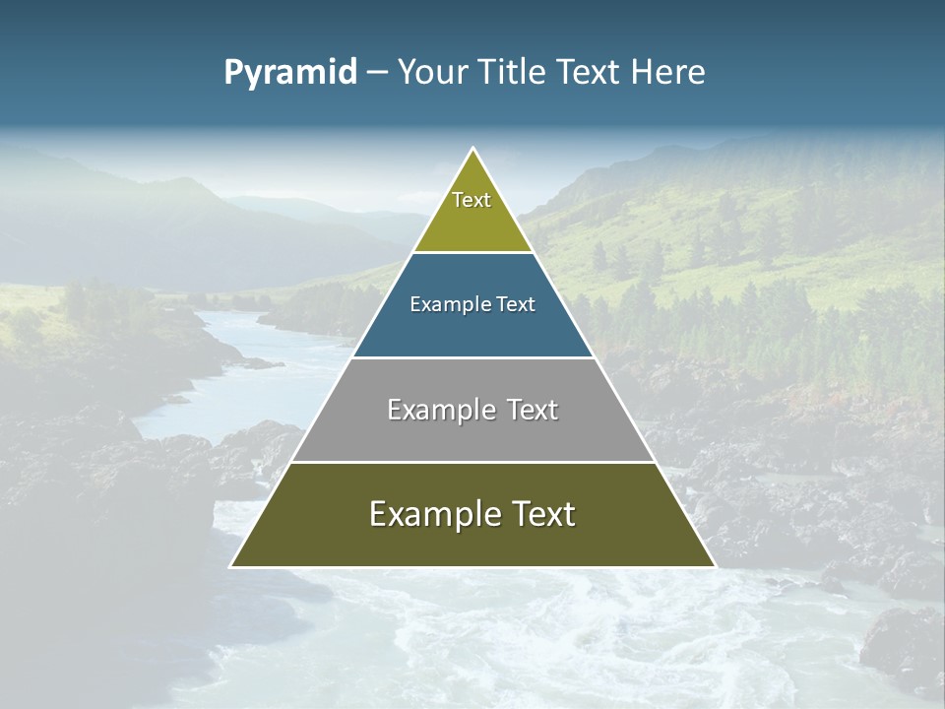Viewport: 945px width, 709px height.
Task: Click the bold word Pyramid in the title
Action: click(x=290, y=72)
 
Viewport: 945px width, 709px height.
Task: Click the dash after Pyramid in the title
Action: click(x=376, y=73)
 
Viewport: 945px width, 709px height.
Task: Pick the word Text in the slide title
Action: click(x=590, y=72)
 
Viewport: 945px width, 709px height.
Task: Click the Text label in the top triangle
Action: click(x=472, y=200)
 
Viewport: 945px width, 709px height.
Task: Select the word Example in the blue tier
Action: click(x=448, y=304)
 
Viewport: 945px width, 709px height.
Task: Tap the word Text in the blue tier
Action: click(x=515, y=304)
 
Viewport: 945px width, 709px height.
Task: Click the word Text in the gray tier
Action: click(x=534, y=410)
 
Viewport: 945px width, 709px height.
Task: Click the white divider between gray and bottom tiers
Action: click(x=472, y=462)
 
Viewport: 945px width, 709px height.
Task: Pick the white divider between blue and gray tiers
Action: click(x=472, y=357)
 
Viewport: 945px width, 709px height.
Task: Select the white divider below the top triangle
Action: click(x=472, y=252)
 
